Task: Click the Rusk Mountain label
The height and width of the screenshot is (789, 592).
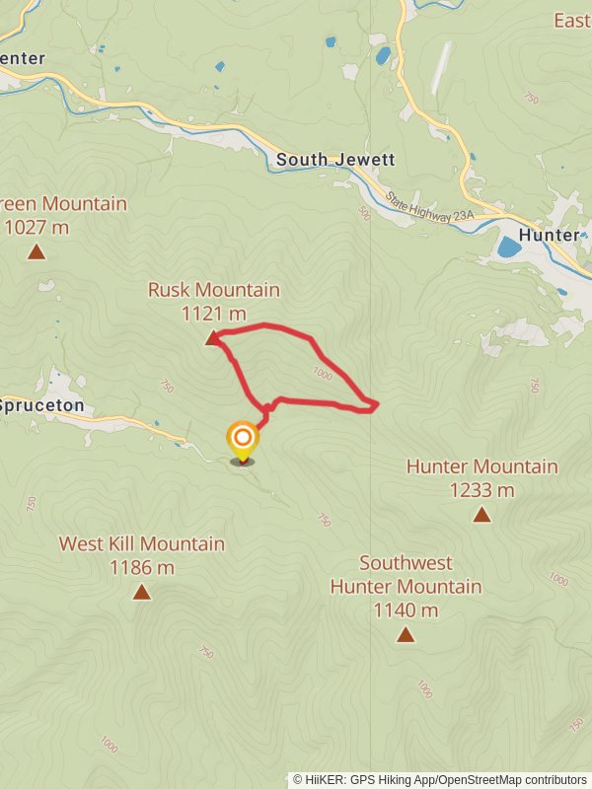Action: click(x=214, y=290)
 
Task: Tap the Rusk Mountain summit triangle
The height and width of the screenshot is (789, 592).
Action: click(x=210, y=339)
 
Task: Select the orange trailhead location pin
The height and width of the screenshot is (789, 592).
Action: click(x=242, y=441)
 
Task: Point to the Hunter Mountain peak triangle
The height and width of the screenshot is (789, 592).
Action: click(x=481, y=514)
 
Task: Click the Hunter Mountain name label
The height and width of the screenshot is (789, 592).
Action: click(x=481, y=466)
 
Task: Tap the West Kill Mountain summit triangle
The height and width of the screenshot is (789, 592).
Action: click(x=142, y=592)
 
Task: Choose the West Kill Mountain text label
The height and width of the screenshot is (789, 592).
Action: click(x=142, y=544)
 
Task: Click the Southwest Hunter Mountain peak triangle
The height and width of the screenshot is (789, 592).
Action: click(x=406, y=634)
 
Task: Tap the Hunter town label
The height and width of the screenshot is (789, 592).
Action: click(x=549, y=235)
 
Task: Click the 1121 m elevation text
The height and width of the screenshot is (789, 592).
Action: click(x=214, y=314)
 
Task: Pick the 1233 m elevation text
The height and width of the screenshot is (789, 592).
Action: click(x=481, y=489)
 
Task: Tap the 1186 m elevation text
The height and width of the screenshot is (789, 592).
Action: click(x=142, y=567)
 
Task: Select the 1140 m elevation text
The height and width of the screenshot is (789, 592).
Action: click(x=406, y=610)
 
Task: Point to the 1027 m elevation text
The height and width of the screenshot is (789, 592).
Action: click(x=37, y=228)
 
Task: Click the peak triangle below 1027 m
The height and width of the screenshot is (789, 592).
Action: click(x=37, y=252)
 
